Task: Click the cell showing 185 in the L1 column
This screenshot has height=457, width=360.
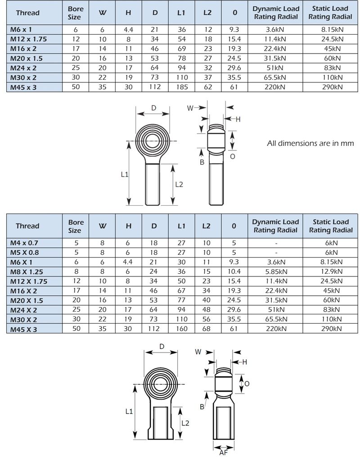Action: point(181,87)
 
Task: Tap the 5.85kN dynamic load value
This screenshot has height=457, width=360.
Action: point(275,271)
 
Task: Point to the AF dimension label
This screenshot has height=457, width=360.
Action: point(223,452)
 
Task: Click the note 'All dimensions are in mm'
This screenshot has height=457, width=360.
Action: point(310,144)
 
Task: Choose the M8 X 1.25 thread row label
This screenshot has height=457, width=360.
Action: point(27,271)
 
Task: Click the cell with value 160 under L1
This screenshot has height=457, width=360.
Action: point(181,329)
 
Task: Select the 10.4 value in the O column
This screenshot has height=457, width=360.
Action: point(234,271)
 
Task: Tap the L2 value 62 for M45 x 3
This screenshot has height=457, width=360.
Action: point(207,87)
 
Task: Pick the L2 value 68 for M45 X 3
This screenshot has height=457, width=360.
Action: point(207,329)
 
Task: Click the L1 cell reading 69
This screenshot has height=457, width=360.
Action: point(181,49)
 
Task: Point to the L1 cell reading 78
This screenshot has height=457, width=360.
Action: point(181,58)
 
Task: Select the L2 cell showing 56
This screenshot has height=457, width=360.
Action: point(207,319)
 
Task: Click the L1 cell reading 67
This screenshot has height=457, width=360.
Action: point(181,290)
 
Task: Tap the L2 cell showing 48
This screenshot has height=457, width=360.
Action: point(207,310)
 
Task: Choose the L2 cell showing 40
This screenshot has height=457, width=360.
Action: point(207,300)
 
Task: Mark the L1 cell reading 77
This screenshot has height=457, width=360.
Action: point(181,300)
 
